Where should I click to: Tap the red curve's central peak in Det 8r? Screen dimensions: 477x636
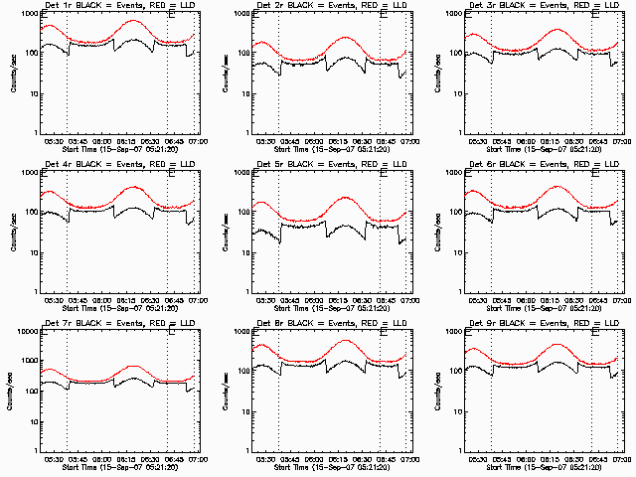344,340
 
